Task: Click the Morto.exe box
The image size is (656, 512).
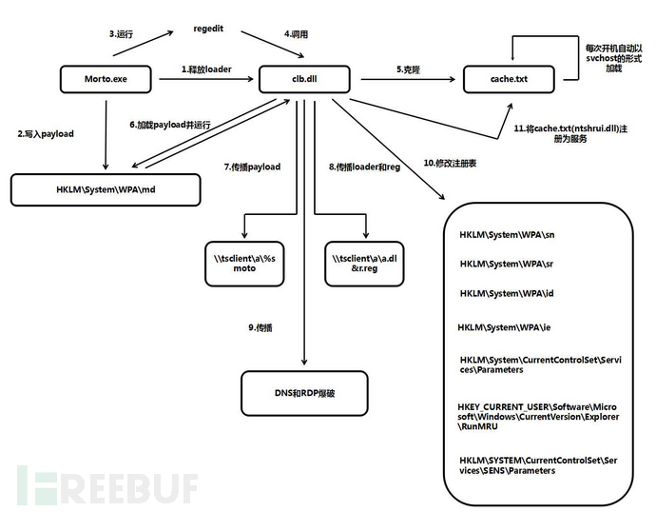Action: coord(106,80)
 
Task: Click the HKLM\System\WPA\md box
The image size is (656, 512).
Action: coord(106,187)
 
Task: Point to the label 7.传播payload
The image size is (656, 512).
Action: coord(253,167)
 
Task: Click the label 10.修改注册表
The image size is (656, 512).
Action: coord(450,164)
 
